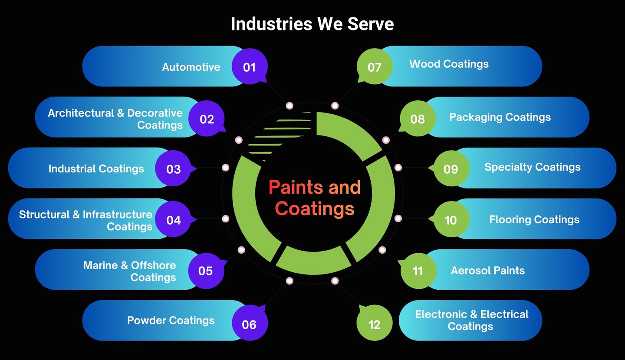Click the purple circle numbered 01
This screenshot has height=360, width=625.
point(250,67)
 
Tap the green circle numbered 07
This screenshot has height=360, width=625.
point(375,67)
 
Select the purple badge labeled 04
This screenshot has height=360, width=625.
point(174,220)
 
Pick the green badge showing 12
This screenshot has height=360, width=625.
point(374,324)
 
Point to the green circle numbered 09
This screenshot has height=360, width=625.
point(451,168)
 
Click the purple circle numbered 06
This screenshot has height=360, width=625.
point(250,324)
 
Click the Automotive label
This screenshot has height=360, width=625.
point(191,67)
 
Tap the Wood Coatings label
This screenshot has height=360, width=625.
point(449,64)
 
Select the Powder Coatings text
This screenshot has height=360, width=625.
point(171,320)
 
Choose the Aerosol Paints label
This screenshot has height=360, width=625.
point(487,271)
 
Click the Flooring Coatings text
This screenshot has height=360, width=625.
point(534,220)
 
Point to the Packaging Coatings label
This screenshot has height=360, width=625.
point(500,117)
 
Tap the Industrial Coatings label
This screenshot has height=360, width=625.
point(96,168)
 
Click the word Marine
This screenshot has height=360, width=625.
point(100,265)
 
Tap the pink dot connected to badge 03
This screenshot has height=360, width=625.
point(225,168)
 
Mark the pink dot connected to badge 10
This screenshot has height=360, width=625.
point(398,218)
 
